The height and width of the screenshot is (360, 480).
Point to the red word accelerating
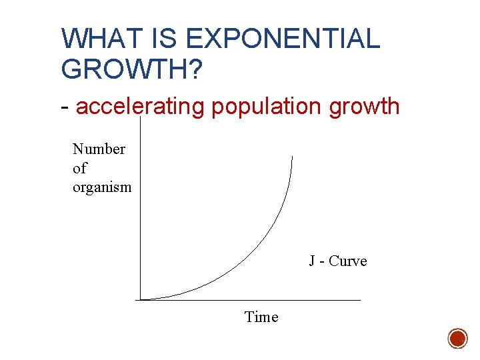[x=140, y=107]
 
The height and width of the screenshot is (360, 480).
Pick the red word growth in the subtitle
[x=361, y=107]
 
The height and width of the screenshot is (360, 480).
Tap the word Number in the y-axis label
[x=99, y=149]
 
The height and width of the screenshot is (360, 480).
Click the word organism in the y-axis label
[x=102, y=187]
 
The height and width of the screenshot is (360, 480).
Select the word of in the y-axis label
[x=79, y=168]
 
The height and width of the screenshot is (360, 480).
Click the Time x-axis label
[x=261, y=317]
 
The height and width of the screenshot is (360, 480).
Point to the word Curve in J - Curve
[x=347, y=261]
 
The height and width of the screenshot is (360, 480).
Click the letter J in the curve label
[x=312, y=261]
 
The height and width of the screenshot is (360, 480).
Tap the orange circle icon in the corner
[x=457, y=338]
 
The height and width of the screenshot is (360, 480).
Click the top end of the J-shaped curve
[x=292, y=156]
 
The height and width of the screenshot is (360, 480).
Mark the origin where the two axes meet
[x=141, y=299]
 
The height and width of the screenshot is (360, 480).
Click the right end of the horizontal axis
[x=360, y=300]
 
